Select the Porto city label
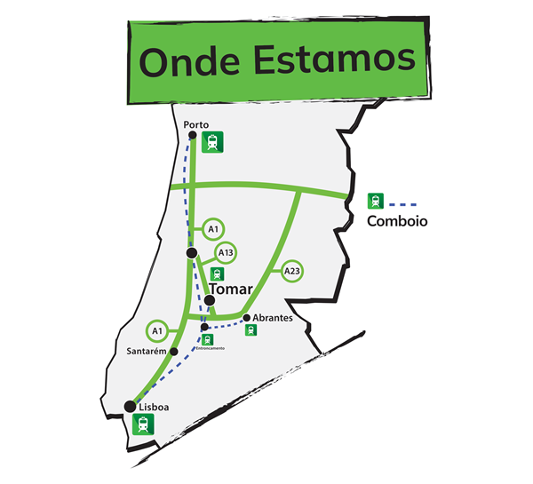(x=196, y=125)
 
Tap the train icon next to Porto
(x=212, y=141)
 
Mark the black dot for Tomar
(x=209, y=300)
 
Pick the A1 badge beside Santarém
(x=157, y=330)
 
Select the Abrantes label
(x=273, y=318)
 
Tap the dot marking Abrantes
(x=246, y=318)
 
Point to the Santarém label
(x=148, y=352)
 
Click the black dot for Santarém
(x=174, y=352)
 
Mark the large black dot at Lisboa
(x=131, y=407)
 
